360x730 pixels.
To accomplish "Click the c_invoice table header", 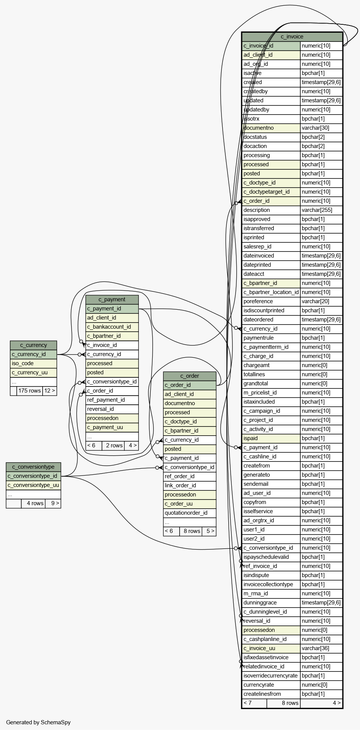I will pyautogui.click(x=292, y=37).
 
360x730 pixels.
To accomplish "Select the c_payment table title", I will pyautogui.click(x=112, y=299).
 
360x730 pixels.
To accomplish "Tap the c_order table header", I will pyautogui.click(x=190, y=376).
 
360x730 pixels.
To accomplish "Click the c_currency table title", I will pyautogui.click(x=33, y=345).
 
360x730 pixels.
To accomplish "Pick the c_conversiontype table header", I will pyautogui.click(x=33, y=467).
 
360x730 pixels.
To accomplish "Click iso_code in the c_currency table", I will pyautogui.click(x=23, y=363).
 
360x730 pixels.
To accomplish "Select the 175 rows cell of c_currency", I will pyautogui.click(x=30, y=391).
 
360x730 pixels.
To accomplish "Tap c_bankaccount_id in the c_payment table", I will pyautogui.click(x=109, y=327).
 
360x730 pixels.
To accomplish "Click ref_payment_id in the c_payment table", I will pyautogui.click(x=106, y=400).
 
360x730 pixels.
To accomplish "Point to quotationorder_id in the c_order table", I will pyautogui.click(x=186, y=513).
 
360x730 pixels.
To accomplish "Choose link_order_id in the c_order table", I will pyautogui.click(x=180, y=485).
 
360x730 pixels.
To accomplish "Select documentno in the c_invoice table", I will pyautogui.click(x=259, y=128).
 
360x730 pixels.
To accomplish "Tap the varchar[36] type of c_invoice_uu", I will pyautogui.click(x=315, y=648).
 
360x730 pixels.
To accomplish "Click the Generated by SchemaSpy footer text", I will pyautogui.click(x=38, y=722).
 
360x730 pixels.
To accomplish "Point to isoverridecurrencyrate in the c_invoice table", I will pyautogui.click(x=271, y=676).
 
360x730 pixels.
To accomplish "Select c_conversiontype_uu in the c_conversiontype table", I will pyautogui.click(x=33, y=485).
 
